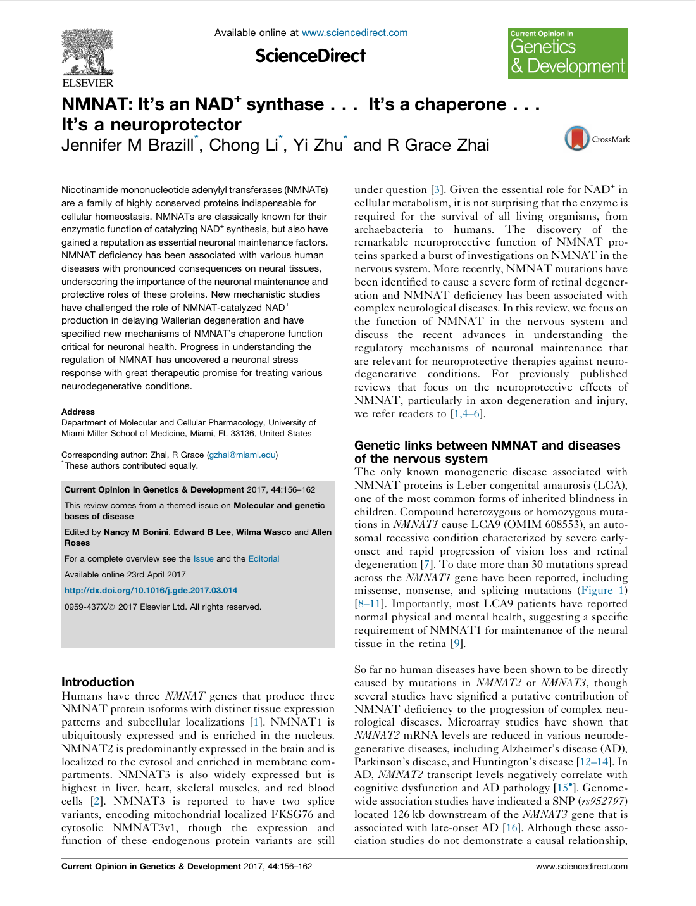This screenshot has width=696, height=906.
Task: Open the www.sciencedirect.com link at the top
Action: pos(354,33)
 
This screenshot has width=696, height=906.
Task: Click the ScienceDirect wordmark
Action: pos(310,56)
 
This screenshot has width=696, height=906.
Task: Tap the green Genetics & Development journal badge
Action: pos(568,54)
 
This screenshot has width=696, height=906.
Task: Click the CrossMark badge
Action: pos(597,139)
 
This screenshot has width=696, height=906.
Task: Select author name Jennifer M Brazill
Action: pos(127,146)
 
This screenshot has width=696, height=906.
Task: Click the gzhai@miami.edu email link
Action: pos(242,455)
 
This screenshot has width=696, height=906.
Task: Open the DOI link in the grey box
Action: pos(151,590)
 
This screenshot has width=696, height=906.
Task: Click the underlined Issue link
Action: pos(203,559)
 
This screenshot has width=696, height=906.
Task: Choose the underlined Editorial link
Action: pos(263,559)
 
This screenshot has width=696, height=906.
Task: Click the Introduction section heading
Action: pos(97,682)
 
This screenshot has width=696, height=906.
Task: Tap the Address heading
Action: pos(78,412)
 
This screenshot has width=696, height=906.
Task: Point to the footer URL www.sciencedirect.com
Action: pos(581,866)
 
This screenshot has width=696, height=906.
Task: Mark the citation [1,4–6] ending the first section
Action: pos(467,414)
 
